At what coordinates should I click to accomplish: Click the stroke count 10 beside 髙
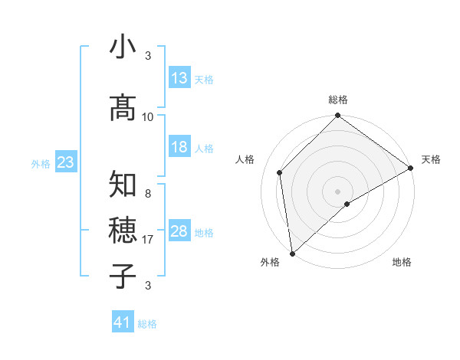coord(148,116)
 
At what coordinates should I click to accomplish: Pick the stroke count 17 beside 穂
coord(148,239)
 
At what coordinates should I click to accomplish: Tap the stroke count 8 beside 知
coord(148,194)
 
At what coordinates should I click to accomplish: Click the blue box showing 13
coord(179,78)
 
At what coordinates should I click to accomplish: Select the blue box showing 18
coord(179,147)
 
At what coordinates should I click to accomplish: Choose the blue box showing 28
coord(179,231)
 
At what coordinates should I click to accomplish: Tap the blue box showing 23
coord(65,162)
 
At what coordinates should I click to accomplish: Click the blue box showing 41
coord(123,322)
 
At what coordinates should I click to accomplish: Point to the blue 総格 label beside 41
coord(147,324)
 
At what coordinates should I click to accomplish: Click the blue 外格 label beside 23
coord(41,163)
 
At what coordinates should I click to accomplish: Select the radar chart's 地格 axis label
coord(402,262)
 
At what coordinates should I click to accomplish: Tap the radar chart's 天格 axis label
coord(431,159)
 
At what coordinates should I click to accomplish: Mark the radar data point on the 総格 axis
coord(338,117)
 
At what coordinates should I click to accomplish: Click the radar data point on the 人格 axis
coord(280,172)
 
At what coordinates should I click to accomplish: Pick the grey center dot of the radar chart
coord(338,191)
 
